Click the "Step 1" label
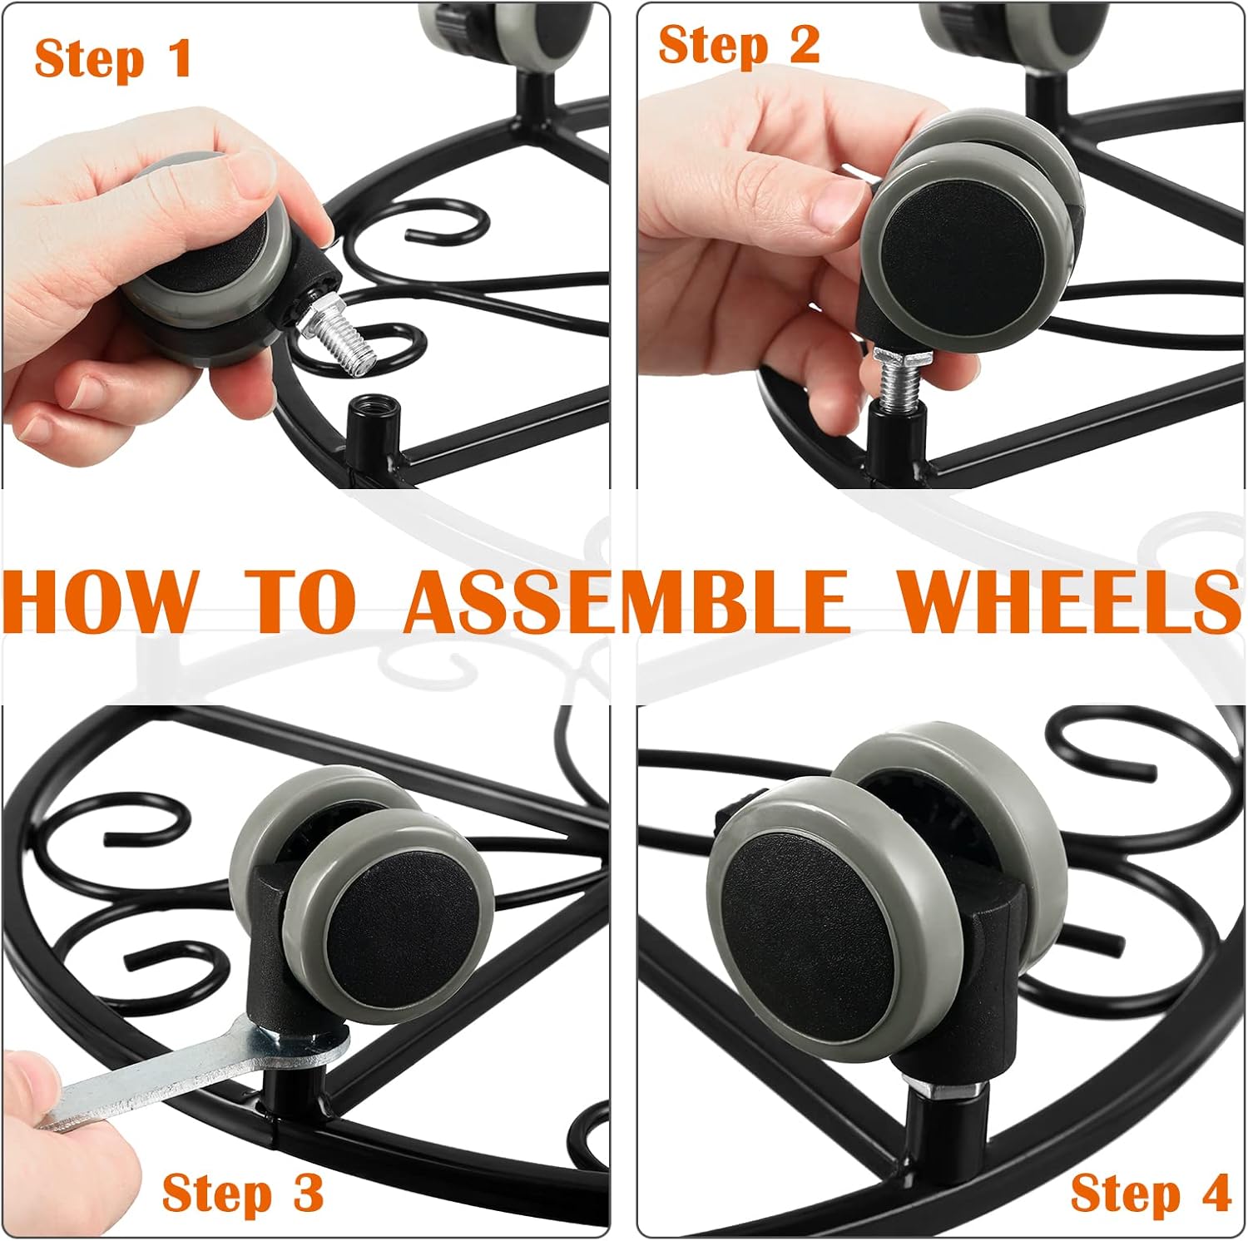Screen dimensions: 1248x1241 [x=113, y=59]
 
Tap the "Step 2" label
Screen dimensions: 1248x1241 [x=739, y=44]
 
